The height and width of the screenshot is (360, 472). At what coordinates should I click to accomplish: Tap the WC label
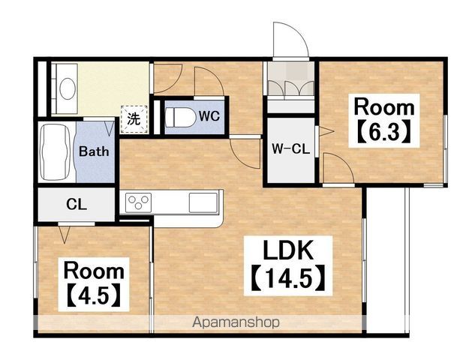point(209,116)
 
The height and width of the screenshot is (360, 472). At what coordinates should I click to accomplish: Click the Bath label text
point(94,151)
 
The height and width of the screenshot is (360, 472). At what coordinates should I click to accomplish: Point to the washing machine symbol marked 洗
point(134,119)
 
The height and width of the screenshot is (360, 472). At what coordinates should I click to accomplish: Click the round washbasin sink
point(68,88)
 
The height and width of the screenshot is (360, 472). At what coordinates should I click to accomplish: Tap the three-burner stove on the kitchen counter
point(139,202)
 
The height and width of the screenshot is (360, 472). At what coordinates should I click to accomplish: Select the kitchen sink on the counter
point(203,202)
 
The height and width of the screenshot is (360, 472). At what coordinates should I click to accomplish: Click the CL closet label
point(77,205)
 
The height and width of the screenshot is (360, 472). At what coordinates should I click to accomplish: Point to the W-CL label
point(291,148)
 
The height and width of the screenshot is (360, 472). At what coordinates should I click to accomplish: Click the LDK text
point(288,250)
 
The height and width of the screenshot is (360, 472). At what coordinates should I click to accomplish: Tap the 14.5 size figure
point(288,277)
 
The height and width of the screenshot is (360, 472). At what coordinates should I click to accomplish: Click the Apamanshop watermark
point(236,322)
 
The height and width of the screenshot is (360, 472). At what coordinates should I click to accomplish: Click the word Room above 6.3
point(384,107)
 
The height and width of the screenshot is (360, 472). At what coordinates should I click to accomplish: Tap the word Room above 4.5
point(94,271)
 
